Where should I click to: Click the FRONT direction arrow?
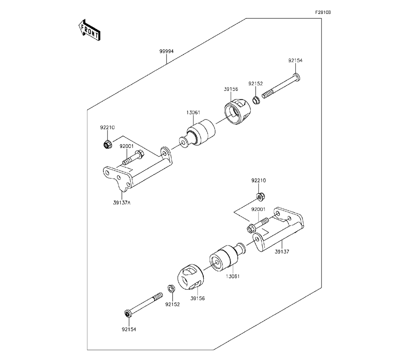(x=89, y=30)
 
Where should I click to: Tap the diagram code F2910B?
(x=322, y=13)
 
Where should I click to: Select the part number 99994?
(x=166, y=52)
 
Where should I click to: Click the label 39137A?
(x=122, y=202)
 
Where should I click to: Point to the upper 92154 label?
(x=295, y=60)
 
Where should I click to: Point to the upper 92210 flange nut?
(x=106, y=144)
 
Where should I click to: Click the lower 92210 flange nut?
(x=260, y=197)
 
